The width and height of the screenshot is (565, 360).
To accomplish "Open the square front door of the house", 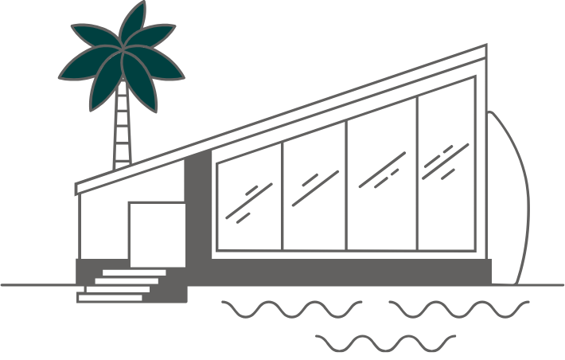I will (157, 233).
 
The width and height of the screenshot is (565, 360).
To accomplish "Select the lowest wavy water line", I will (374, 342).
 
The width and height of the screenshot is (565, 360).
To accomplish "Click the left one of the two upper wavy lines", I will (290, 307).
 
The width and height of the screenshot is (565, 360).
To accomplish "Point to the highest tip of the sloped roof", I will (484, 49).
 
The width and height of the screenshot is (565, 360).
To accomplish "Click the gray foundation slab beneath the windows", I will (350, 271).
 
